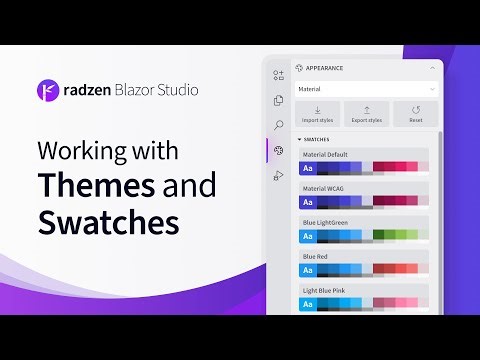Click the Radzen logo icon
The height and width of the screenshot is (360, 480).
(x=48, y=89)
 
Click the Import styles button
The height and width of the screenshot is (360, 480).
(x=317, y=114)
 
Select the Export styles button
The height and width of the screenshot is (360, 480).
(x=366, y=114)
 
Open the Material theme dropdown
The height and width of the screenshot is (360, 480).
(x=365, y=89)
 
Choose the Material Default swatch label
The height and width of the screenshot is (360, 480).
(x=325, y=154)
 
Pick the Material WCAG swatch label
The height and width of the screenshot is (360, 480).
(x=324, y=187)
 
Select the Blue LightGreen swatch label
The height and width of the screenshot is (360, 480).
(x=325, y=221)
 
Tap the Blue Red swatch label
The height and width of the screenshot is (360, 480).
(x=315, y=255)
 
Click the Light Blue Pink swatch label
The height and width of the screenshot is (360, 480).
(x=323, y=289)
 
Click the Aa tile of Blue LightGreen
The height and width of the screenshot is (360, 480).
(x=309, y=235)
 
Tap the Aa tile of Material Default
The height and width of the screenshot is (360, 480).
(x=309, y=168)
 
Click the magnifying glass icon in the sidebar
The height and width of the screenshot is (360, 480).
(x=278, y=125)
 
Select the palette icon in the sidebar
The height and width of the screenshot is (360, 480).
(x=278, y=151)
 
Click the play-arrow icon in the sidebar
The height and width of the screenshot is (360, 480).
(x=278, y=176)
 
